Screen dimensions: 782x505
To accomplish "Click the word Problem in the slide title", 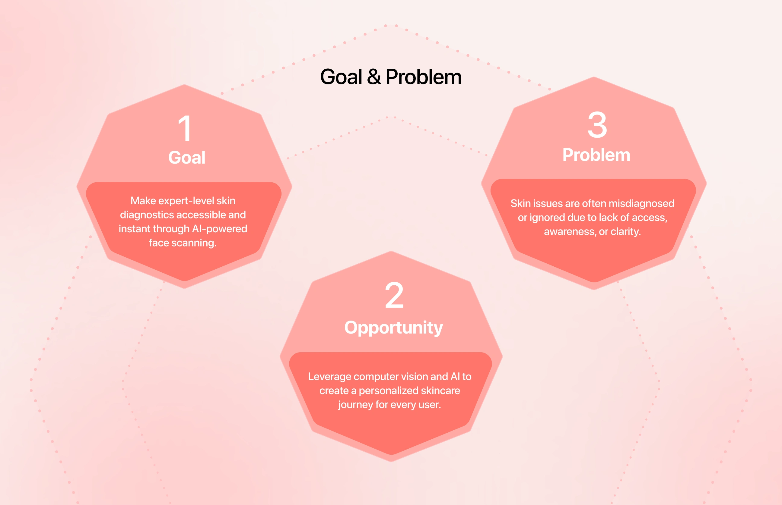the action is click(424, 77).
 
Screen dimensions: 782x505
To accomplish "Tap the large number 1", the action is click(185, 128).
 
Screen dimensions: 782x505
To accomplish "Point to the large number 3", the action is click(597, 125).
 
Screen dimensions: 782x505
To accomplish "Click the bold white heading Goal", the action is click(187, 157).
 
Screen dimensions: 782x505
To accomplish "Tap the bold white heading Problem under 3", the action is click(596, 155).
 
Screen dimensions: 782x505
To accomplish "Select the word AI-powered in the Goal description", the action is click(220, 229).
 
